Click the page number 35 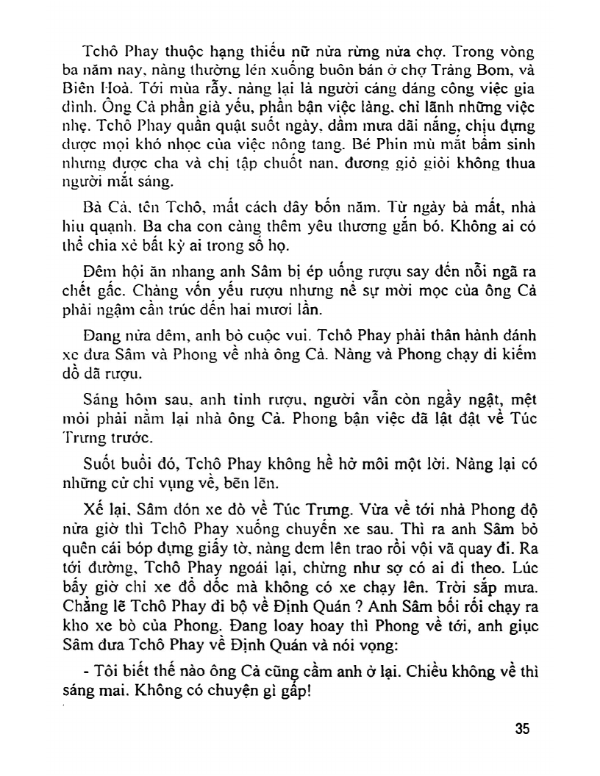(522, 729)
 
